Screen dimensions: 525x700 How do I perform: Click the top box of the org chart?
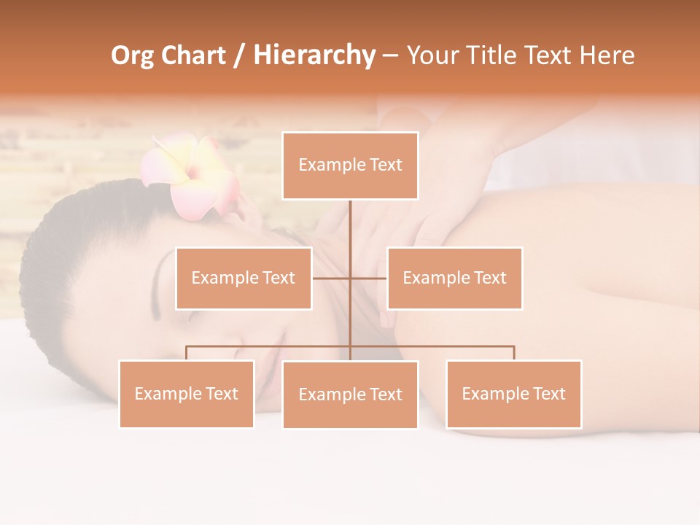(350, 166)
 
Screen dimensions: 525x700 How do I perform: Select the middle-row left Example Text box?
(244, 278)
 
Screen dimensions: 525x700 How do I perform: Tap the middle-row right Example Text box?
(454, 278)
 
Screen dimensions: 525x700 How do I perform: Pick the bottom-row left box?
(187, 394)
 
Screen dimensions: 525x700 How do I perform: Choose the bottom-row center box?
(350, 394)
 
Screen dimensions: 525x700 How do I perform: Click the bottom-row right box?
(513, 394)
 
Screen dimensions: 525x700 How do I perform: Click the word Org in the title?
(132, 55)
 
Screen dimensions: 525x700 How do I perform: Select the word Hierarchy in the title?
(314, 55)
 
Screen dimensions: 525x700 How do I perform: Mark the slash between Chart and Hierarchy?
(240, 56)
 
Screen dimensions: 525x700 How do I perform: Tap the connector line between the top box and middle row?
(350, 226)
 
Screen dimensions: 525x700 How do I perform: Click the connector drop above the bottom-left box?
(187, 353)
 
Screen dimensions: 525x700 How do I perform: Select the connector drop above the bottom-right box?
(513, 353)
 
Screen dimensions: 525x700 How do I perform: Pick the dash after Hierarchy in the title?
(390, 56)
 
